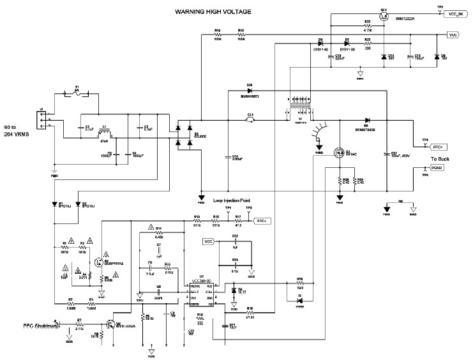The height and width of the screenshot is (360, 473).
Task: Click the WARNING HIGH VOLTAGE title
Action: point(214,11)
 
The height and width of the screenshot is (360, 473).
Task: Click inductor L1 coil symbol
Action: point(106,134)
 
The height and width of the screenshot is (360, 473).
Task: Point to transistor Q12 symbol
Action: point(383,17)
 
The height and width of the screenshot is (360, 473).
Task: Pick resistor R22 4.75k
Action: point(368,26)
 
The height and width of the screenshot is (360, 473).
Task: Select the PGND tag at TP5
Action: point(437,167)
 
